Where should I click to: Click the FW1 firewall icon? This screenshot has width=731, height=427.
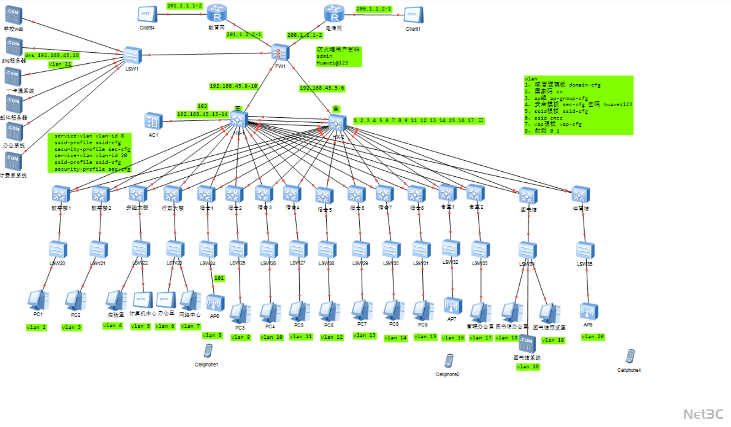click(280, 52)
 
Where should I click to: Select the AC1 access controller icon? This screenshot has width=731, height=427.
click(153, 121)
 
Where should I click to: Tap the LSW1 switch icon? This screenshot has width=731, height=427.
click(132, 55)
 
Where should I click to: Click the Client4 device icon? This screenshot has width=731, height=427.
click(147, 14)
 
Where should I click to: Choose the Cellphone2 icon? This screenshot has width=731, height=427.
click(448, 361)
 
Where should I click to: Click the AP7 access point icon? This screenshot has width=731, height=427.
click(452, 306)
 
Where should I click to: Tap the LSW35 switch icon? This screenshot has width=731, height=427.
click(585, 250)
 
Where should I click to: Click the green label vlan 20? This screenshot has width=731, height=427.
click(592, 337)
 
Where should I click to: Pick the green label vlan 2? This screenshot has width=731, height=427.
click(36, 327)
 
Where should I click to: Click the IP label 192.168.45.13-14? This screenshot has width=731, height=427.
click(202, 114)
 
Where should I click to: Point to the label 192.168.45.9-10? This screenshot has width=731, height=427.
click(233, 86)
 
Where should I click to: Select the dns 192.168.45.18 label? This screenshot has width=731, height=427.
click(52, 55)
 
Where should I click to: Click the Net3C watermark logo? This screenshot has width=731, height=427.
click(703, 414)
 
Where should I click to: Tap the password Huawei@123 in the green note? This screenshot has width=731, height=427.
click(332, 63)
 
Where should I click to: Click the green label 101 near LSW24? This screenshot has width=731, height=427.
click(219, 278)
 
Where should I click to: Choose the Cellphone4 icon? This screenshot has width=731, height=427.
click(630, 356)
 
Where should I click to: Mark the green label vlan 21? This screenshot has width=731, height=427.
click(60, 64)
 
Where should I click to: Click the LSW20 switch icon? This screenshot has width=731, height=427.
click(58, 249)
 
